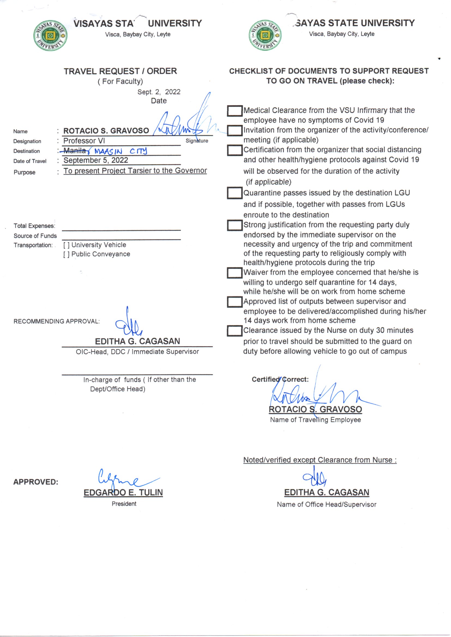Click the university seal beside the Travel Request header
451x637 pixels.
pyautogui.click(x=50, y=36)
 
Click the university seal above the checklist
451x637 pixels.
pyautogui.click(x=265, y=35)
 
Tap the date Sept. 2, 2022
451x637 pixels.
pyautogui.click(x=159, y=92)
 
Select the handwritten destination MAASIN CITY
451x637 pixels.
pyautogui.click(x=121, y=151)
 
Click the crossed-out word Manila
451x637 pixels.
pyautogui.click(x=74, y=151)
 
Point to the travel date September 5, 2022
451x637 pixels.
pyautogui.click(x=96, y=160)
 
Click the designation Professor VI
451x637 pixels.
pyautogui.click(x=84, y=141)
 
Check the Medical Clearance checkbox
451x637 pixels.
pyautogui.click(x=235, y=111)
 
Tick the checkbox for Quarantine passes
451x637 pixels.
pyautogui.click(x=235, y=193)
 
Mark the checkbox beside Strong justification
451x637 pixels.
pyautogui.click(x=235, y=225)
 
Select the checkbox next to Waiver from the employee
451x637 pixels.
pyautogui.click(x=235, y=273)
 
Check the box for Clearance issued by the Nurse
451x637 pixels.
pyautogui.click(x=235, y=331)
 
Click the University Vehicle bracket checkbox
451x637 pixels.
pyautogui.click(x=66, y=245)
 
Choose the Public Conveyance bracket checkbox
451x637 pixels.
pyautogui.click(x=66, y=254)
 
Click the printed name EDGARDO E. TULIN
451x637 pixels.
pyautogui.click(x=123, y=492)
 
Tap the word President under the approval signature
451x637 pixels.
pyautogui.click(x=124, y=504)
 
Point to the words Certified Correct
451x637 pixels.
pyautogui.click(x=280, y=379)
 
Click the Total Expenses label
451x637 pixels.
pyautogui.click(x=34, y=226)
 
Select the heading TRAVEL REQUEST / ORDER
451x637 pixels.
pyautogui.click(x=120, y=71)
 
